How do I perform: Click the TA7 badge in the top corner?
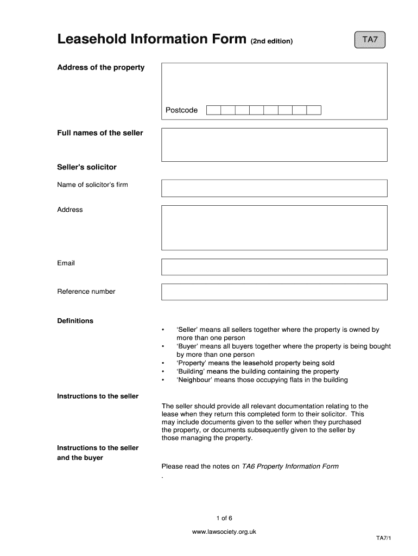click(369, 40)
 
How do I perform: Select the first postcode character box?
click(213, 110)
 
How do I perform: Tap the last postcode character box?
click(314, 110)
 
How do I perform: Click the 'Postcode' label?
click(181, 110)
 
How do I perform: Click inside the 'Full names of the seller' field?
click(274, 144)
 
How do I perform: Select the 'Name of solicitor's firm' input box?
click(274, 188)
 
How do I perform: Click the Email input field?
click(274, 267)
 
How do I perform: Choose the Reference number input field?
click(274, 292)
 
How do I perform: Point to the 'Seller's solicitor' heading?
click(87, 167)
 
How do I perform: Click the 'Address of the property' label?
click(101, 67)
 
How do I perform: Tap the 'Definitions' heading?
click(75, 321)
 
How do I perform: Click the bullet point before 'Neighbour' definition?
click(162, 380)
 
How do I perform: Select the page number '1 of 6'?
click(224, 517)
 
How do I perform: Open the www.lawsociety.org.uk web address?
click(224, 532)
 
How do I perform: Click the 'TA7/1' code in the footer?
click(383, 538)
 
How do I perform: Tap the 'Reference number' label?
click(86, 292)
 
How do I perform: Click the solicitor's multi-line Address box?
click(274, 227)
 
